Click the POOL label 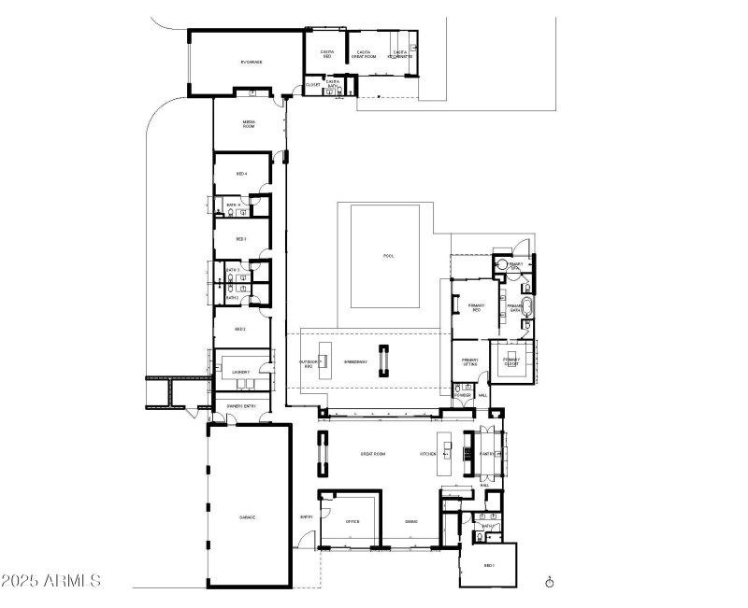click(x=389, y=256)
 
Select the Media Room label click(x=249, y=123)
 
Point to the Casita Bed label click(x=326, y=55)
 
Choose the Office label click(x=352, y=522)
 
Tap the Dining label click(x=410, y=522)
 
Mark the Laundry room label click(x=240, y=372)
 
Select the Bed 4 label click(x=240, y=175)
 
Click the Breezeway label click(x=355, y=361)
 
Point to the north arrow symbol click(x=550, y=582)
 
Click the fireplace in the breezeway click(x=382, y=361)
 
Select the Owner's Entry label click(x=241, y=406)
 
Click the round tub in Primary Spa click(x=502, y=266)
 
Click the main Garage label click(x=247, y=516)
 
